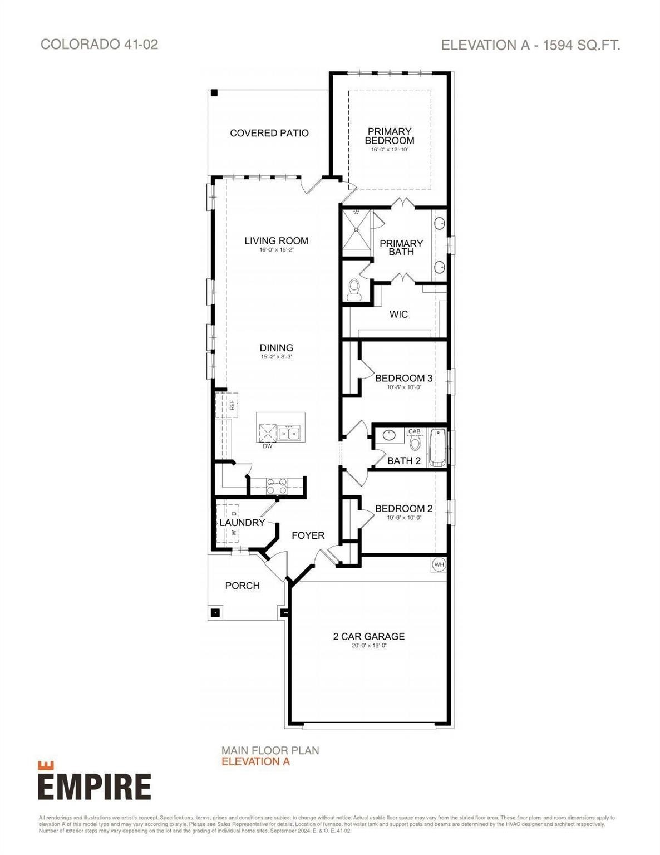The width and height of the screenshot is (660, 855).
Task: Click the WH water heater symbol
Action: pos(439,564)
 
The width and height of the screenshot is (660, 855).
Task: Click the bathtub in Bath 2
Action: pos(437,447)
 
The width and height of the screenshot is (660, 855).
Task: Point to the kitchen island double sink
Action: pos(289,433)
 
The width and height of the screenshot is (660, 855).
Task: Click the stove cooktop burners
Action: pos(277,487)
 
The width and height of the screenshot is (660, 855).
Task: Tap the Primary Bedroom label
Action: pos(390,136)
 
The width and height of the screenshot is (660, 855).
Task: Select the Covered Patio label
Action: pos(269,133)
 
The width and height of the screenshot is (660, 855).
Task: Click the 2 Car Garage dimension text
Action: pos(368,646)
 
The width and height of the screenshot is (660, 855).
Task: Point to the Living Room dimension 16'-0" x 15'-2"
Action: pos(276,250)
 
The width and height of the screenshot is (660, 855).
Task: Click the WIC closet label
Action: pos(398,315)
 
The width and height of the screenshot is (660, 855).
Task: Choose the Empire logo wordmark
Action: pos(95,786)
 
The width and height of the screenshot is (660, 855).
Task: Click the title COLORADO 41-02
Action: pos(100,45)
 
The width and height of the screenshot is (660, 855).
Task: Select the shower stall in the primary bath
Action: pos(356,233)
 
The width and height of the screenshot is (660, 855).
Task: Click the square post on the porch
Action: pos(215,613)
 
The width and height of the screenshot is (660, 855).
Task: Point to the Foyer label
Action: pos(308,535)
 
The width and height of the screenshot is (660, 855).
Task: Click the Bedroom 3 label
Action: pos(403,379)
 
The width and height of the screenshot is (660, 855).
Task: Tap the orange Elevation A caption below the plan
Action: pos(255,761)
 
